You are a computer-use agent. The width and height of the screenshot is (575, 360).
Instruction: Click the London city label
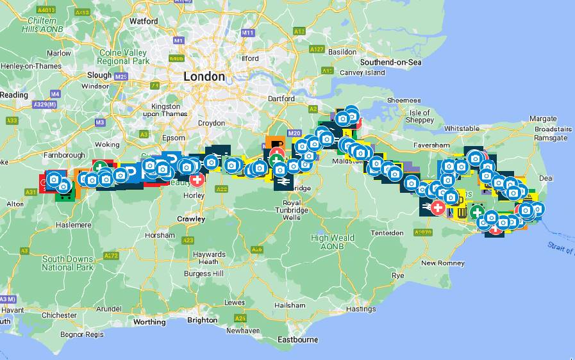(204, 77)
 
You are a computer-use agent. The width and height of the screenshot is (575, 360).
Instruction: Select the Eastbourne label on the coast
(297, 340)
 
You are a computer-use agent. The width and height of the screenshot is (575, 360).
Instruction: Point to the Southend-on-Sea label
(390, 62)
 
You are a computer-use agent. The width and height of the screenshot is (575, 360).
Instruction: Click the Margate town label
(543, 119)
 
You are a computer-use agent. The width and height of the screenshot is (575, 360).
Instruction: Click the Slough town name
(99, 75)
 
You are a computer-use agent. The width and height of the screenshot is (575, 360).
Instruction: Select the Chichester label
(60, 315)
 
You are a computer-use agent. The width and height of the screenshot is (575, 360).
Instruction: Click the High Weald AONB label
(333, 242)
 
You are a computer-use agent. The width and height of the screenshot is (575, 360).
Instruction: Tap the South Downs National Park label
(68, 263)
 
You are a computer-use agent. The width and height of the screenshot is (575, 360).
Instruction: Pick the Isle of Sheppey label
(420, 117)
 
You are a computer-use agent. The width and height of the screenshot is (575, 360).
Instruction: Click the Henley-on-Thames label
(31, 66)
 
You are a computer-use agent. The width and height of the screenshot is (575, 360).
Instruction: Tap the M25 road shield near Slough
(121, 77)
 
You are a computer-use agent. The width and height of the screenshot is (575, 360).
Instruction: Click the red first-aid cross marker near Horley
(197, 179)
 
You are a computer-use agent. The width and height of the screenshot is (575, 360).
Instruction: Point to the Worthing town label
(149, 322)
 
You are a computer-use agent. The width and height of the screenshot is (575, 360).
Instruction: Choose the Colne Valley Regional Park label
(123, 57)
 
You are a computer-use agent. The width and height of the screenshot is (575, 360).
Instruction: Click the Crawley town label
(191, 219)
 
